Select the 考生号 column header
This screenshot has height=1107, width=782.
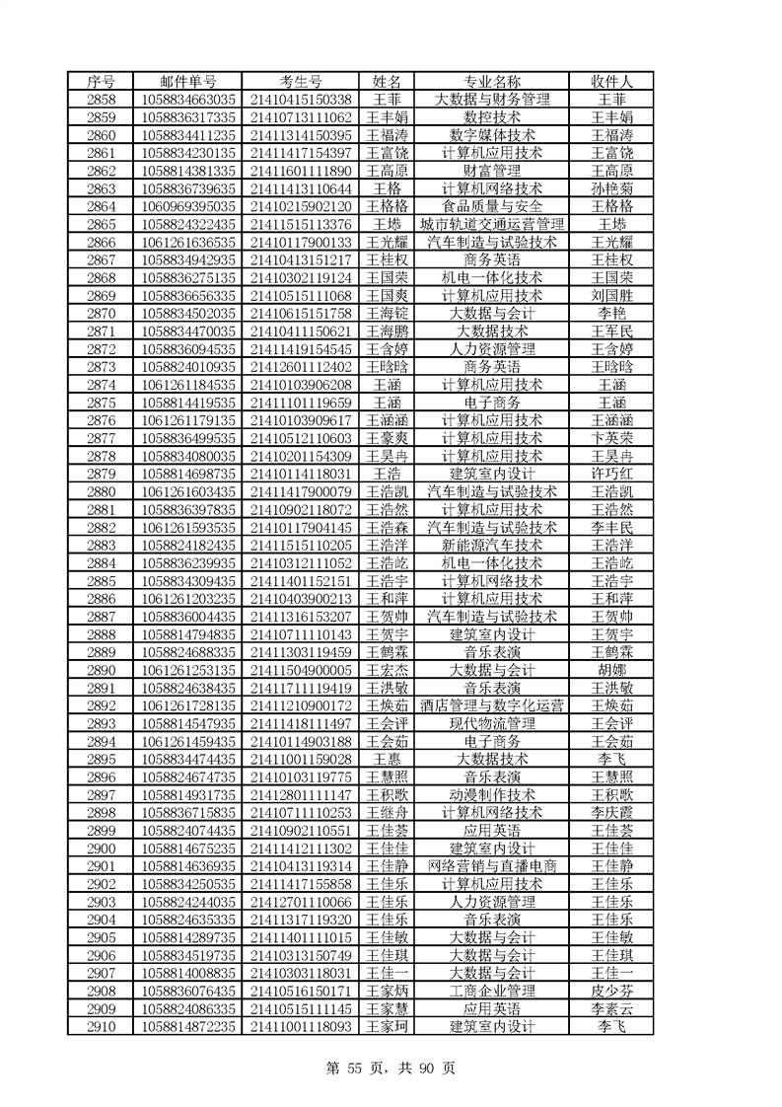point(301,81)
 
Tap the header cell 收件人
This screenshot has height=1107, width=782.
point(611,81)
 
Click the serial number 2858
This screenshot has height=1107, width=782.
point(102,99)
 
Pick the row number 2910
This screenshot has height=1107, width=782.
point(102,1026)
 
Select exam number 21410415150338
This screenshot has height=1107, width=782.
point(301,99)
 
